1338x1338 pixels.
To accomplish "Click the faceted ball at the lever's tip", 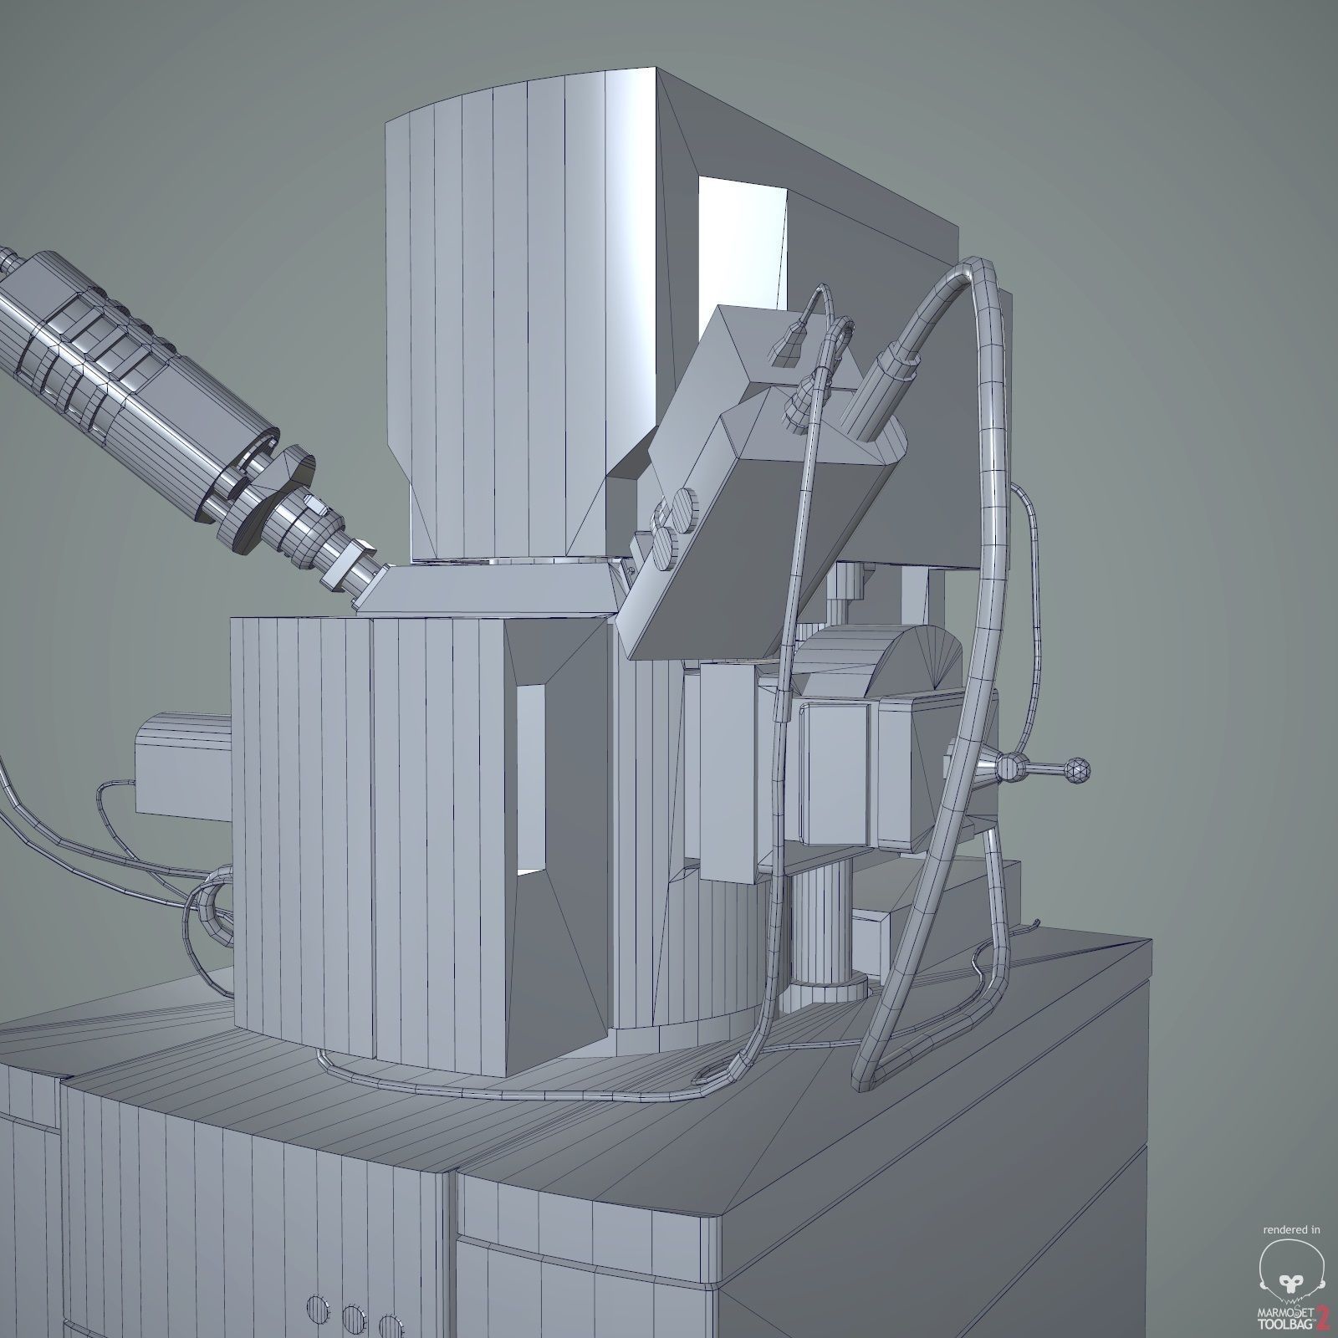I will point(1076,770).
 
